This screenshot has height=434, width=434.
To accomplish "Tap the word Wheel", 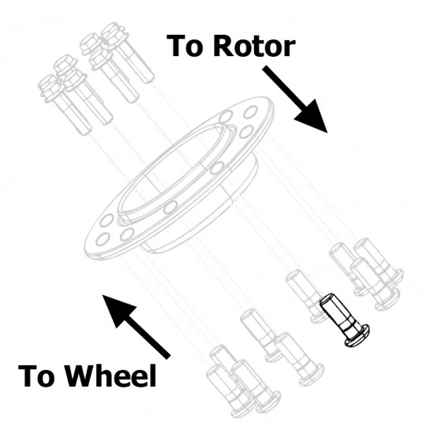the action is tap(111, 376).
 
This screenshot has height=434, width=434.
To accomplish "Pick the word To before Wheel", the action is tap(36, 376).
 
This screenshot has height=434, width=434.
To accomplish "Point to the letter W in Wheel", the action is tap(82, 376).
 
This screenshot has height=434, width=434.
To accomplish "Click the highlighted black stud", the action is tap(344, 320).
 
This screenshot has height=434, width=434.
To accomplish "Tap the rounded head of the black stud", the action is tap(357, 336).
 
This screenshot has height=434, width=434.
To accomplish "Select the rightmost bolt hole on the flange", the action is tap(250, 112).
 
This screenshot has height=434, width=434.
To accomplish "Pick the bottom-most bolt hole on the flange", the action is tap(102, 239).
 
